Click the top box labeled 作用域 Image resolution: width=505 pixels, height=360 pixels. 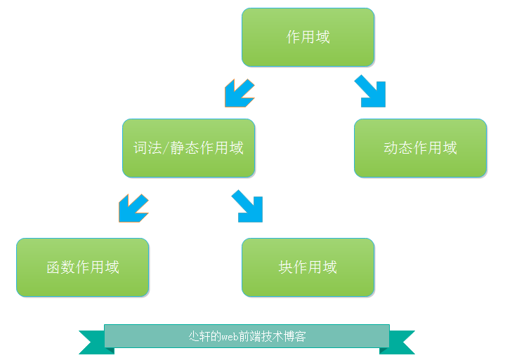pyautogui.click(x=308, y=37)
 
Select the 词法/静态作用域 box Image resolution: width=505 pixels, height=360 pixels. pyautogui.click(x=189, y=148)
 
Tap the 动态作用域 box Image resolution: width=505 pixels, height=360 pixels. pyautogui.click(x=420, y=148)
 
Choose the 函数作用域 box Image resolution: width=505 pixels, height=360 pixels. pyautogui.click(x=82, y=267)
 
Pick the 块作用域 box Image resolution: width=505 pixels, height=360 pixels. pyautogui.click(x=308, y=267)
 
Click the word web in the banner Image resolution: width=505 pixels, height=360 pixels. pyautogui.click(x=230, y=337)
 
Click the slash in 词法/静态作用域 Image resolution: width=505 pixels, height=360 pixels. pyautogui.click(x=166, y=148)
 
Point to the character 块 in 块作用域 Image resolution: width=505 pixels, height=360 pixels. pyautogui.click(x=285, y=267)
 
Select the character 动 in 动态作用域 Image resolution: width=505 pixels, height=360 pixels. pyautogui.click(x=391, y=148)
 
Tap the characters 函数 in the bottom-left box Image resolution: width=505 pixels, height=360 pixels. pyautogui.click(x=61, y=267)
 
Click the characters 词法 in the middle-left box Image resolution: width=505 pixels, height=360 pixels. pyautogui.click(x=147, y=148)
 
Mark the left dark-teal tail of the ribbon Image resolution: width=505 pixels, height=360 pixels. pyautogui.click(x=96, y=342)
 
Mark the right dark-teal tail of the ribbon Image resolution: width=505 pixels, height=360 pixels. pyautogui.click(x=398, y=342)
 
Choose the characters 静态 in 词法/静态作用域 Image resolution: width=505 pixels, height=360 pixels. pyautogui.click(x=184, y=148)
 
